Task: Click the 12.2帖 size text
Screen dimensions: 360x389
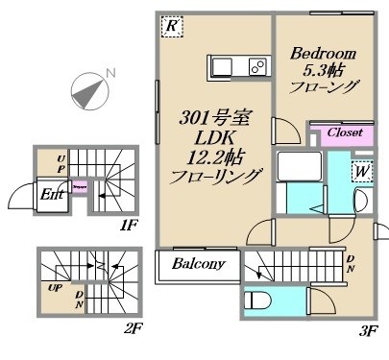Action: click(x=216, y=157)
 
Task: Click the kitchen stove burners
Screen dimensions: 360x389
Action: click(x=257, y=68)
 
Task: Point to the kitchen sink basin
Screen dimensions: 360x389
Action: click(x=221, y=68)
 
